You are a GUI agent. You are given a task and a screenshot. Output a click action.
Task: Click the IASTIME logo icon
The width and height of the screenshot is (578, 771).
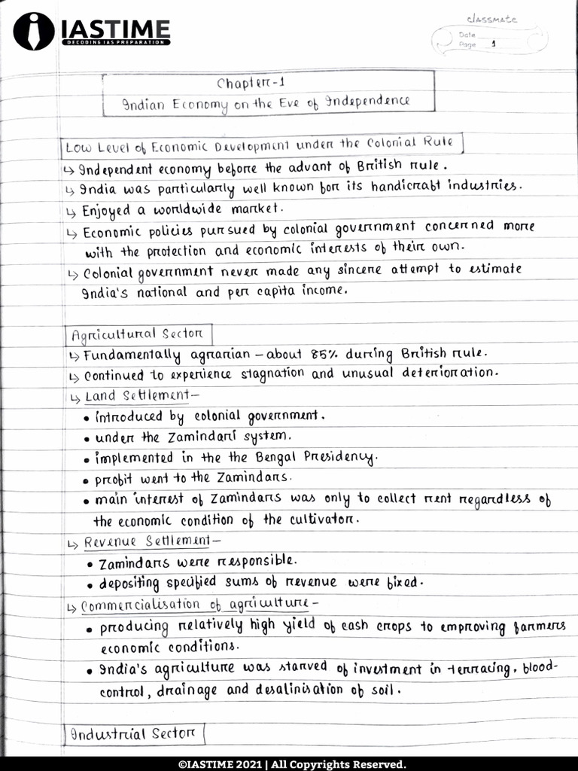pyautogui.click(x=33, y=31)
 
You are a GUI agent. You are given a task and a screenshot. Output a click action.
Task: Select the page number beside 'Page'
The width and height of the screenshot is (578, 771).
pyautogui.click(x=492, y=44)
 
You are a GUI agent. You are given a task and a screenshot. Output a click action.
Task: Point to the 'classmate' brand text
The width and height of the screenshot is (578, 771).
pyautogui.click(x=491, y=20)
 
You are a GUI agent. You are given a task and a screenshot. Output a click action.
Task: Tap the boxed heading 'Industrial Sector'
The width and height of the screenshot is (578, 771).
pyautogui.click(x=132, y=733)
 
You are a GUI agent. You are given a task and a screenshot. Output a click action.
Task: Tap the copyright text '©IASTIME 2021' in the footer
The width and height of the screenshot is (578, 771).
pyautogui.click(x=221, y=763)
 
